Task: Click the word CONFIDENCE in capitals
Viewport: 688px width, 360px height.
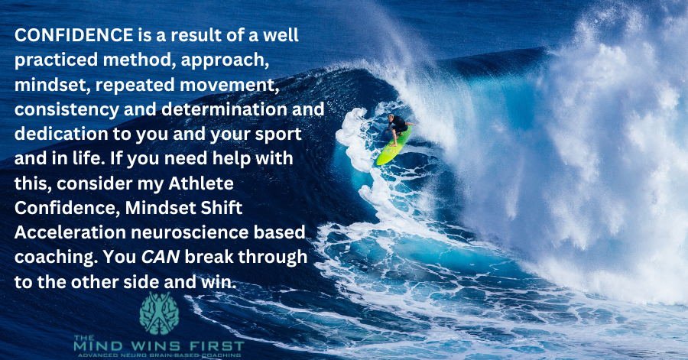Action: (73, 35)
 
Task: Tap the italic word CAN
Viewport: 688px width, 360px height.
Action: (161, 258)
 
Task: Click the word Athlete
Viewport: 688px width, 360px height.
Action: (201, 183)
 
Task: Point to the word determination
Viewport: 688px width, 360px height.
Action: (225, 109)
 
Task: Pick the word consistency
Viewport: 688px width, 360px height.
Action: (67, 110)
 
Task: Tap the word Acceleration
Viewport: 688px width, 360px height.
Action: (70, 232)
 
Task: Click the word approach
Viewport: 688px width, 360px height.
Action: (225, 61)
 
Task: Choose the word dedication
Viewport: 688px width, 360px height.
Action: (61, 134)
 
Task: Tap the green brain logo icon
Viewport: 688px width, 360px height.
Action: (159, 313)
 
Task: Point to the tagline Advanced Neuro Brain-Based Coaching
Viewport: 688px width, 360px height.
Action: (158, 355)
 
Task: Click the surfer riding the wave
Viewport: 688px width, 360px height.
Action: (398, 129)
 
